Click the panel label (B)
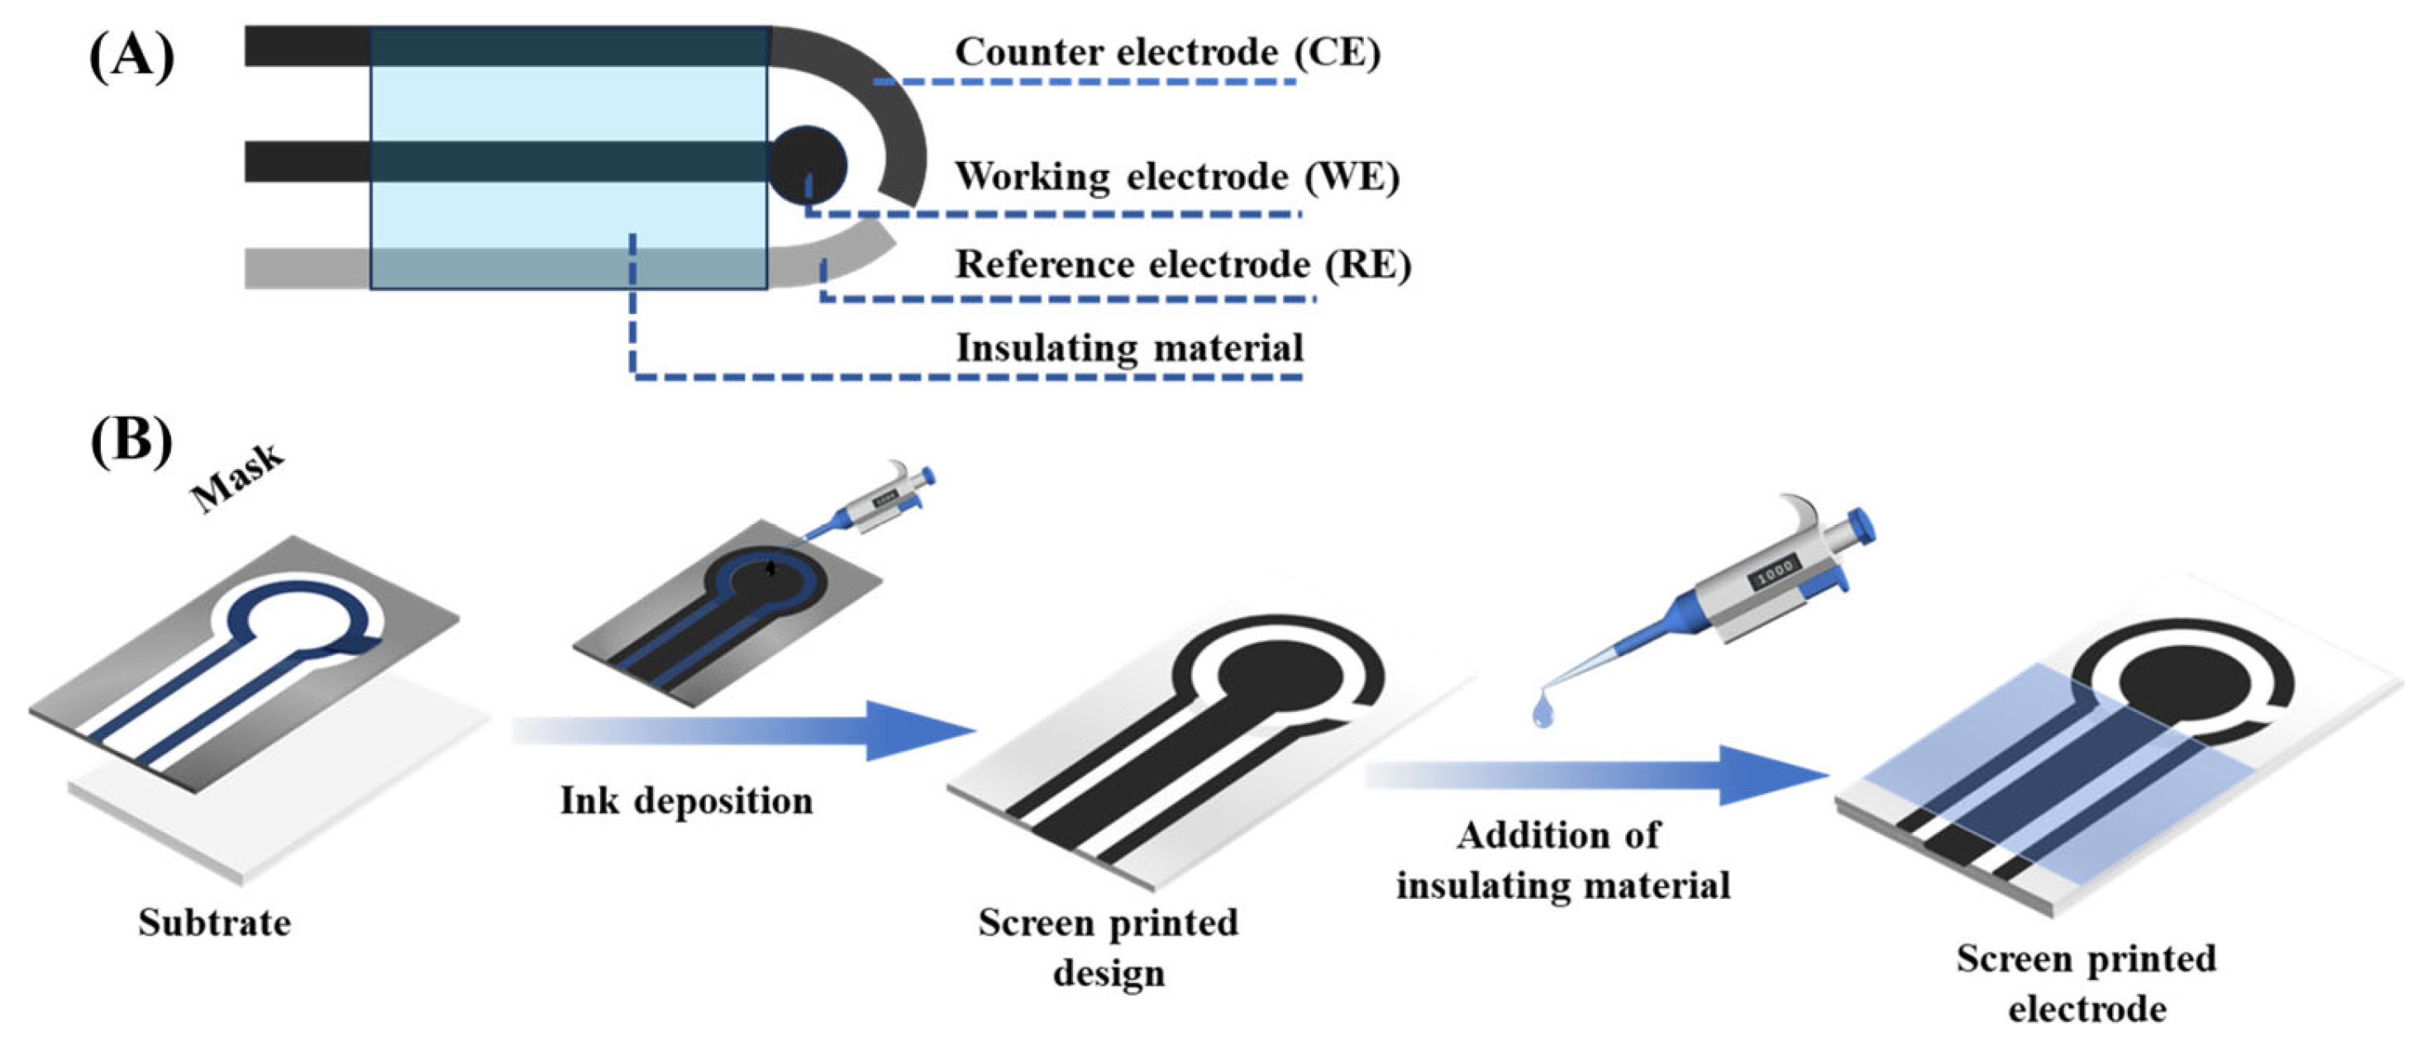click(131, 440)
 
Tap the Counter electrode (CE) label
click(1167, 53)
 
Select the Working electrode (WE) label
click(1176, 178)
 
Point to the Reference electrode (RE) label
click(1183, 265)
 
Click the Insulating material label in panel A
click(1129, 348)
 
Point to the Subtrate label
click(214, 922)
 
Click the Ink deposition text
click(686, 801)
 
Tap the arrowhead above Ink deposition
click(921, 730)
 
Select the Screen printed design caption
click(1108, 947)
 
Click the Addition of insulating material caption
click(1562, 861)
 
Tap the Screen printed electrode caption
click(2086, 983)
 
